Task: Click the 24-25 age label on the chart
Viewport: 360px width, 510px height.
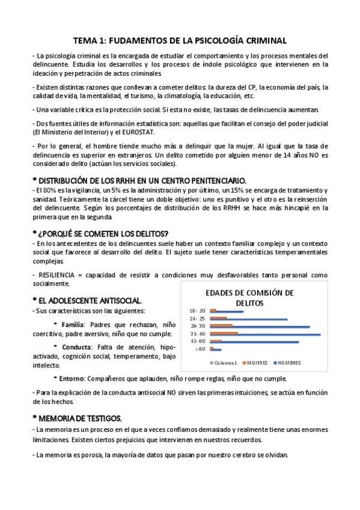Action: (197, 318)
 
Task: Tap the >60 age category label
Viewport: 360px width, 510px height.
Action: (201, 349)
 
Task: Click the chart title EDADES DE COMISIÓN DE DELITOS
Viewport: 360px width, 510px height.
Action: (249, 298)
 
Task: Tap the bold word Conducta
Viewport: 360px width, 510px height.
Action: (77, 347)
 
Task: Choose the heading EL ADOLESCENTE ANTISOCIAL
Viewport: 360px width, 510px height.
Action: (91, 300)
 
